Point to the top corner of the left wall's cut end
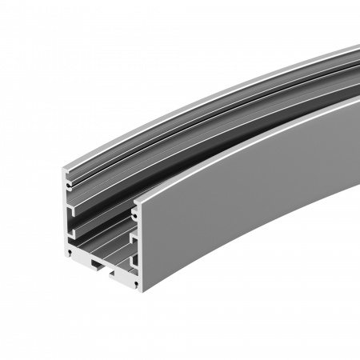pos(64,166)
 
